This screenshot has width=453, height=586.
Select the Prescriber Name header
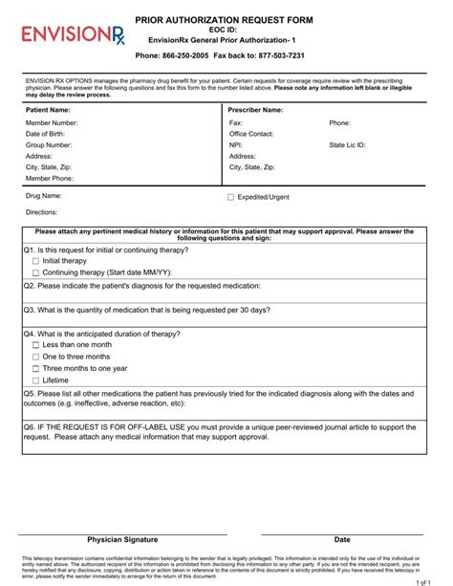pos(255,110)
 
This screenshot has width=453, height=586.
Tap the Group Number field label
pos(49,145)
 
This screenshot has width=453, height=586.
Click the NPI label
pos(236,145)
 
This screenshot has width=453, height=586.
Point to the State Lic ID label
pos(348,145)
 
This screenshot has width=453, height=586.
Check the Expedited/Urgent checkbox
pos(230,197)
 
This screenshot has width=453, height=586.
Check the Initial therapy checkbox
pos(35,261)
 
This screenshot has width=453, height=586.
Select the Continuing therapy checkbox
pos(35,272)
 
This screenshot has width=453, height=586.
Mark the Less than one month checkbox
pos(35,345)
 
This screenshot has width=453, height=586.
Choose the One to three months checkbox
pos(35,357)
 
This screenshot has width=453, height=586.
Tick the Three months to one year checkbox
pos(35,368)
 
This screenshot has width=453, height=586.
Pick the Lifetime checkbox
pos(35,380)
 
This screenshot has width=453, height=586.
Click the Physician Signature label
pos(122,539)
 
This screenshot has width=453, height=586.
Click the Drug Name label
pos(44,196)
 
